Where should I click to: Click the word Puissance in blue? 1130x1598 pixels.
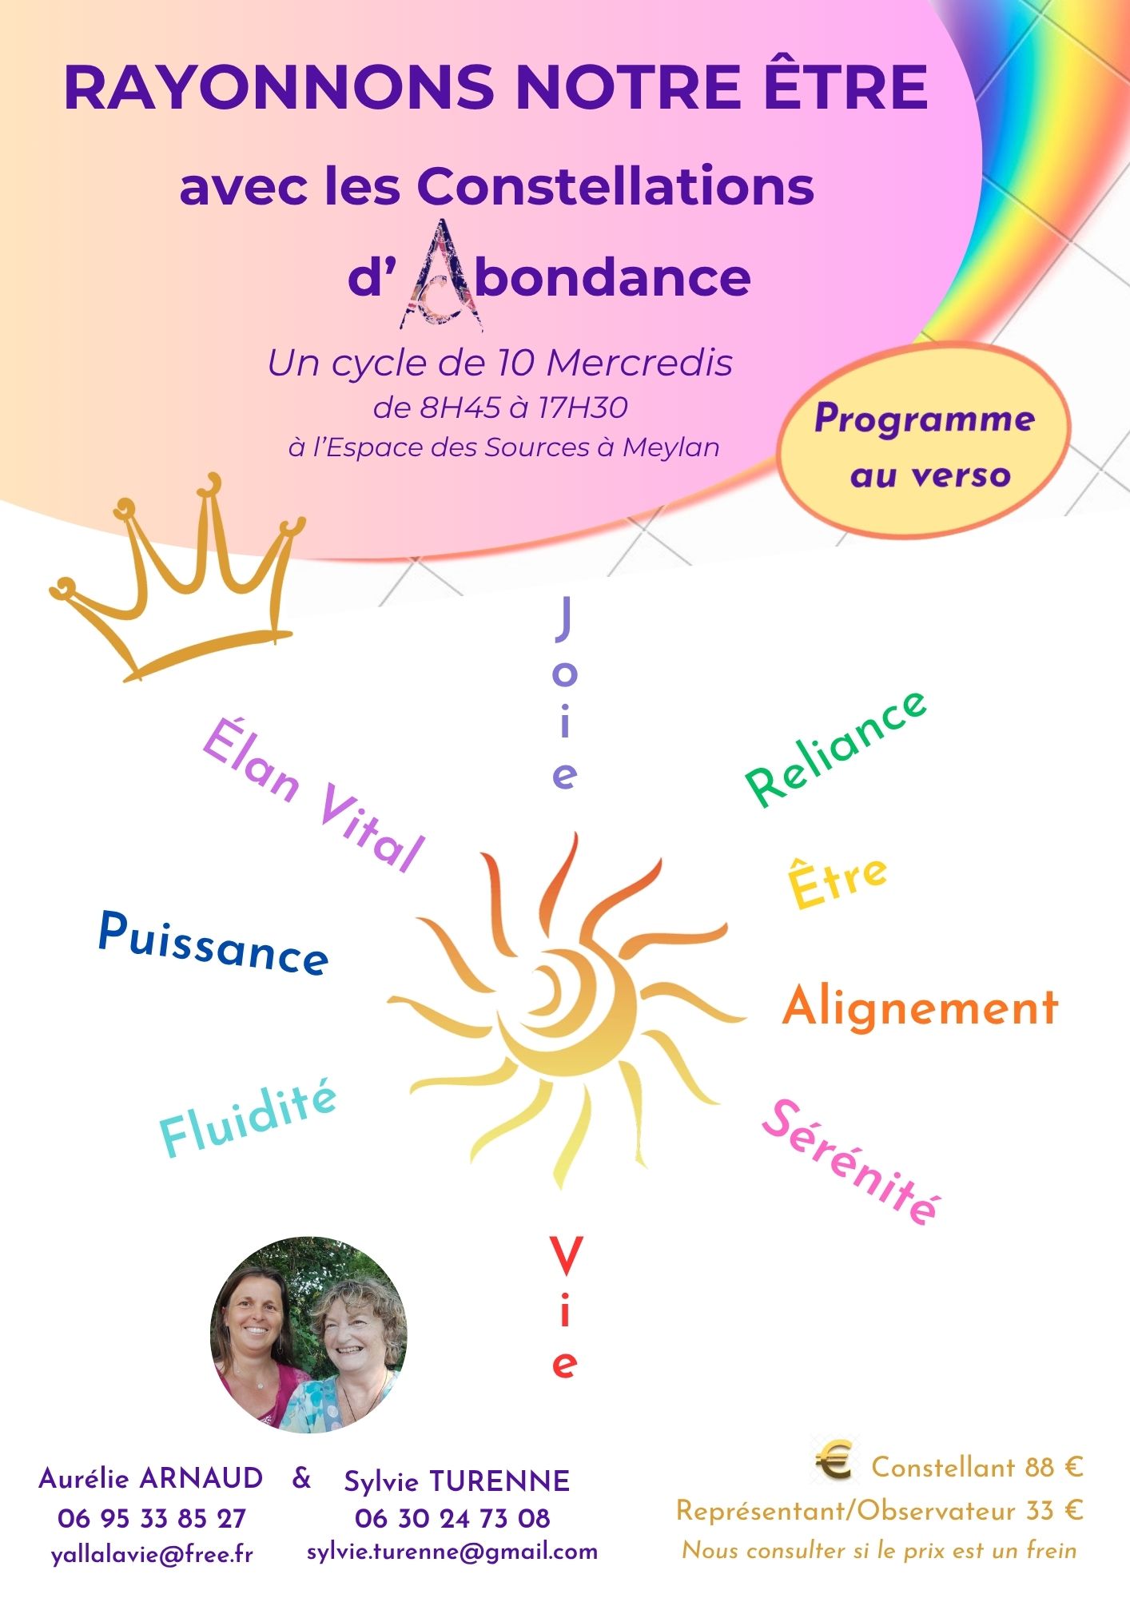213,944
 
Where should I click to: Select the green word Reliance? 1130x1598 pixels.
836,749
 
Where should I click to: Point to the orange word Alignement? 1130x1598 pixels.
921,1007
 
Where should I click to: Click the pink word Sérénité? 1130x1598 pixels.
851,1163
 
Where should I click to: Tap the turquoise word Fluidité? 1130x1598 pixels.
249,1119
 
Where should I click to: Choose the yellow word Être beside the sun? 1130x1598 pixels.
838,882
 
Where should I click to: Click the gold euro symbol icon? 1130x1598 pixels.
834,1464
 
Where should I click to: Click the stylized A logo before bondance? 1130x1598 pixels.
442,275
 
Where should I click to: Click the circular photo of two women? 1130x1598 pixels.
308,1334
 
